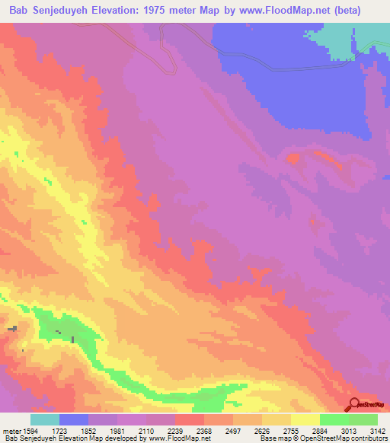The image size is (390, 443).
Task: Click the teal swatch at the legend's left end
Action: click(x=45, y=419)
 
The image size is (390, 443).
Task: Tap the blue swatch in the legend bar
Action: click(x=74, y=419)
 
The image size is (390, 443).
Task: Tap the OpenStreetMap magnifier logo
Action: click(x=356, y=404)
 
